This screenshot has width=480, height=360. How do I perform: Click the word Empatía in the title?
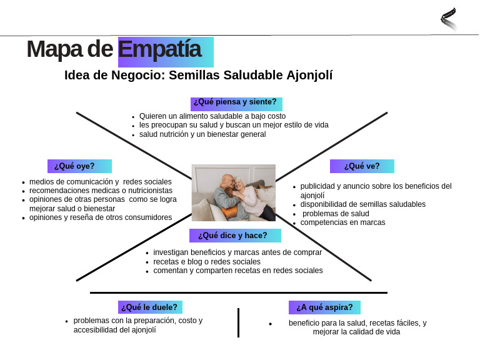[x=160, y=50]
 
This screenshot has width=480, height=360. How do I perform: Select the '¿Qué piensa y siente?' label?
[x=236, y=102]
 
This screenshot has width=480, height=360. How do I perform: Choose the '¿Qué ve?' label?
[x=362, y=166]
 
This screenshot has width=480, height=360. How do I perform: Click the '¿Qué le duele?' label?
[x=149, y=307]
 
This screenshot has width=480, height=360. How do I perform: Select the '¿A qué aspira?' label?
[x=324, y=307]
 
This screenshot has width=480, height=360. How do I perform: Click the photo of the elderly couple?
[x=233, y=192]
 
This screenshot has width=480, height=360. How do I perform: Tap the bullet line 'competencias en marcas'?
[x=342, y=222]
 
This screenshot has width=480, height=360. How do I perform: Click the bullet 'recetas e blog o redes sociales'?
[x=207, y=262]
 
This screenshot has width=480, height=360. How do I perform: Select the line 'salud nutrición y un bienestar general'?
[x=202, y=134]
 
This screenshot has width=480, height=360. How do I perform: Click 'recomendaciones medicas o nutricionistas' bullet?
[x=101, y=191]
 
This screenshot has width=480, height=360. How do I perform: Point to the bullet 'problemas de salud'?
[x=336, y=214]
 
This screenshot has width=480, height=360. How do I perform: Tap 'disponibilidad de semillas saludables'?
[x=362, y=204]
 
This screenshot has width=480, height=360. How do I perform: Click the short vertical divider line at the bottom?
[x=238, y=322]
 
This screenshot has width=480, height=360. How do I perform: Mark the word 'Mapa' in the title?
[x=52, y=50]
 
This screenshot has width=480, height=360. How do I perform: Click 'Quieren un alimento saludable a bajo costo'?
[x=212, y=116]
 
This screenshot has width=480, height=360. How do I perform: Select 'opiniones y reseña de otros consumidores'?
[x=101, y=217]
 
